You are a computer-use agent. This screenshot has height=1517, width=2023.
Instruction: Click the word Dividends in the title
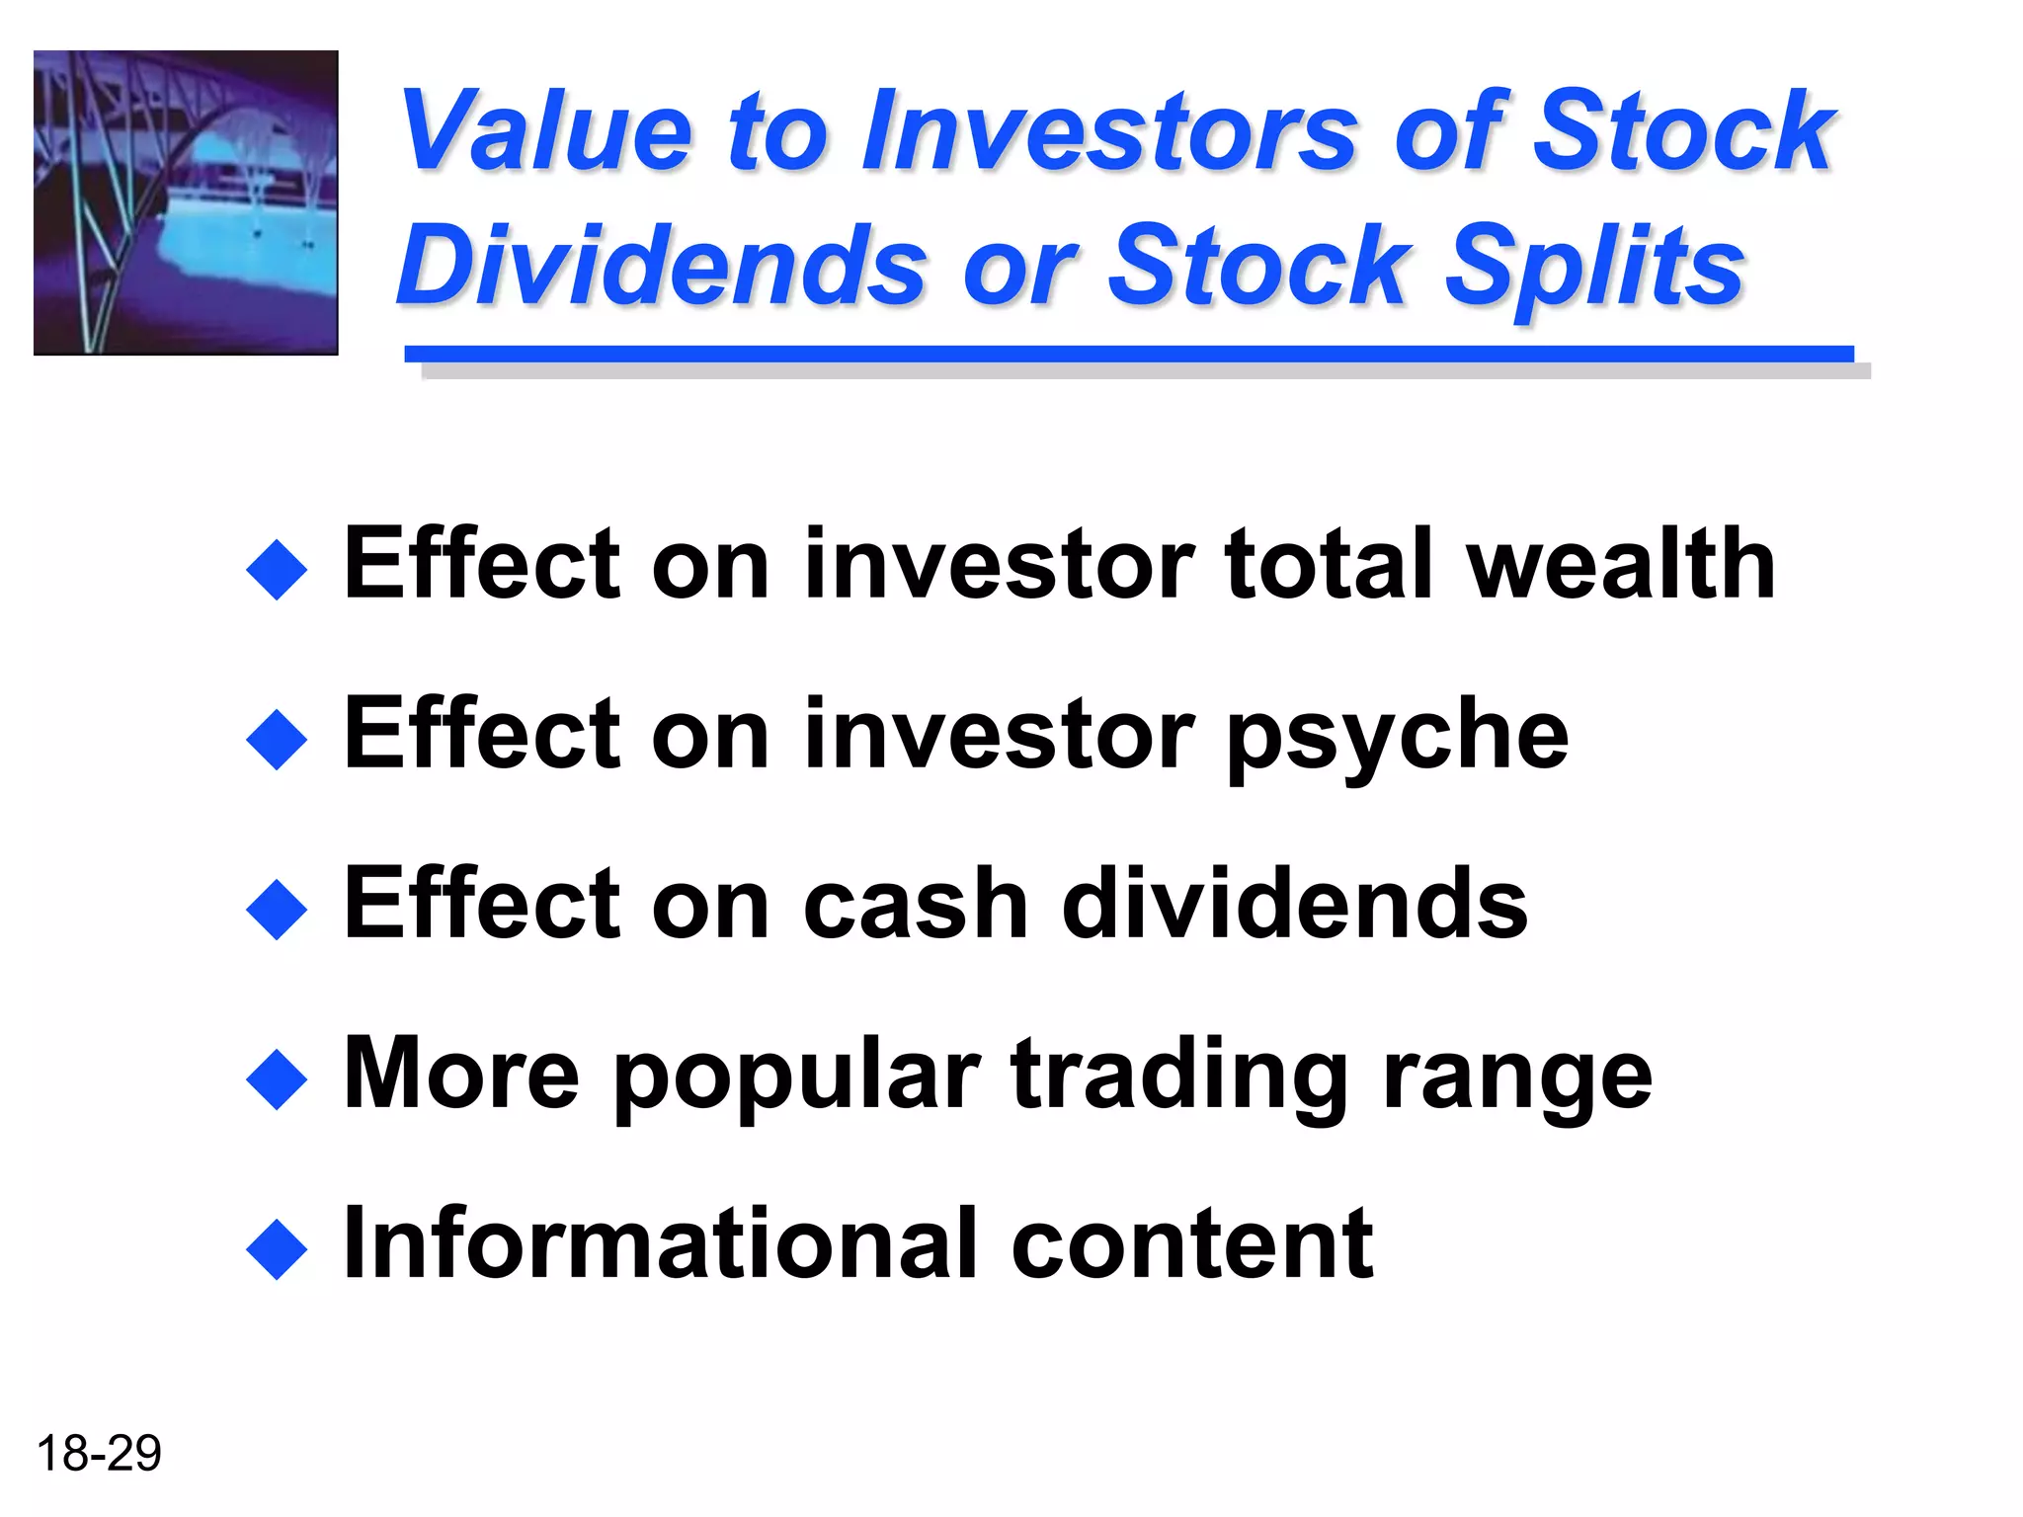click(661, 265)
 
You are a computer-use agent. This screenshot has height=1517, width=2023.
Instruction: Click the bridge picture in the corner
click(186, 202)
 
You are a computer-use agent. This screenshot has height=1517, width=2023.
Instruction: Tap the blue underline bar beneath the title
click(1128, 354)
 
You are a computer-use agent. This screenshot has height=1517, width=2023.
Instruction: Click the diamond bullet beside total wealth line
click(277, 569)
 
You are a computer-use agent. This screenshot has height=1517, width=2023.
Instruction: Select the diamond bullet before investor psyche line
click(277, 739)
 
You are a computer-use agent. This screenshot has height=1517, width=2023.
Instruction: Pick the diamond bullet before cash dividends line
click(277, 909)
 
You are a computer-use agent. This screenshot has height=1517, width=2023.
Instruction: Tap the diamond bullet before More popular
click(277, 1079)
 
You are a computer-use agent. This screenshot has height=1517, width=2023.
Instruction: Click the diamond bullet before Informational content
click(277, 1249)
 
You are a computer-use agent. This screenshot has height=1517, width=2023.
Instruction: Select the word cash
click(916, 904)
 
